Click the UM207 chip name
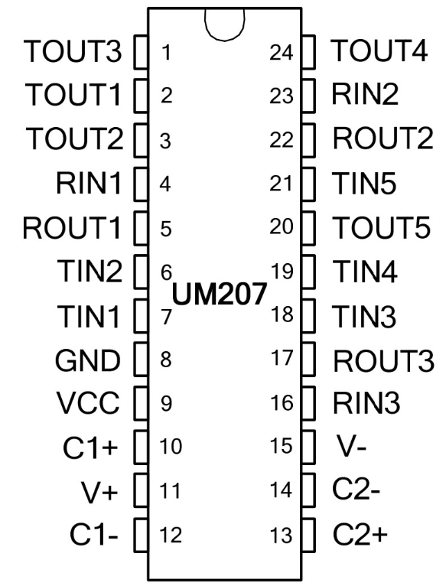pyautogui.click(x=220, y=293)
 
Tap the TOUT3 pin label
pyautogui.click(x=73, y=50)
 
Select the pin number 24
pyautogui.click(x=281, y=52)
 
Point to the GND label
pyautogui.click(x=88, y=360)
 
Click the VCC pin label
pyautogui.click(x=88, y=403)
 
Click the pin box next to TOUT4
pyautogui.click(x=308, y=52)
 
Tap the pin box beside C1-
pyautogui.click(x=141, y=536)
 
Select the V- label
pyautogui.click(x=351, y=445)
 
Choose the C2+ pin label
pyautogui.click(x=360, y=534)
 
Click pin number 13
pyautogui.click(x=281, y=536)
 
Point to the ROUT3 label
pyautogui.click(x=383, y=360)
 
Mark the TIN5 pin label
pyautogui.click(x=364, y=183)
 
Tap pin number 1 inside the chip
pyautogui.click(x=166, y=52)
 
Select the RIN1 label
pyautogui.click(x=89, y=183)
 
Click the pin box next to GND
pyautogui.click(x=141, y=359)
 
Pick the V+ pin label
pyautogui.click(x=99, y=490)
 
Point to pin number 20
pyautogui.click(x=281, y=227)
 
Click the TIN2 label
pyautogui.click(x=90, y=271)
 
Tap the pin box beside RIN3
pyautogui.click(x=308, y=403)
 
